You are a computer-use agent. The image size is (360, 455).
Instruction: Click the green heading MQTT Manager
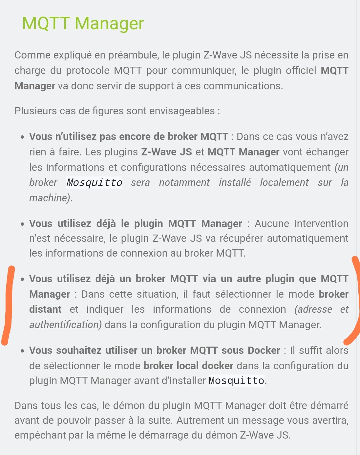(83, 24)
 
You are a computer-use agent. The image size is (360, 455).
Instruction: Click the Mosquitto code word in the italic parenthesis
(94, 183)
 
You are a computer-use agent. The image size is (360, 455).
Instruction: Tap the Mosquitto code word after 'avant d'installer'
(236, 381)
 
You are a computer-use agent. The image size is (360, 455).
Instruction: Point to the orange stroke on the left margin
(8, 306)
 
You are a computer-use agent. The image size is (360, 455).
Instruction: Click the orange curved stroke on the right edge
(356, 302)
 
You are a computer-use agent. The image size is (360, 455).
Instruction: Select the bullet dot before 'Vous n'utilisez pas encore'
(22, 137)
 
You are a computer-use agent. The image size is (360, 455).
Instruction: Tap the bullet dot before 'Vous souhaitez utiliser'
(22, 351)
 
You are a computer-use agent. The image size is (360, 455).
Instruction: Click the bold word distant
(45, 309)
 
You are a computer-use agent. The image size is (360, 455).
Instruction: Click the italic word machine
(49, 198)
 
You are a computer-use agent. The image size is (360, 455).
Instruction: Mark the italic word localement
(284, 183)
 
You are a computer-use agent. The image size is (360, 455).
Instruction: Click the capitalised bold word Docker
(264, 351)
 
